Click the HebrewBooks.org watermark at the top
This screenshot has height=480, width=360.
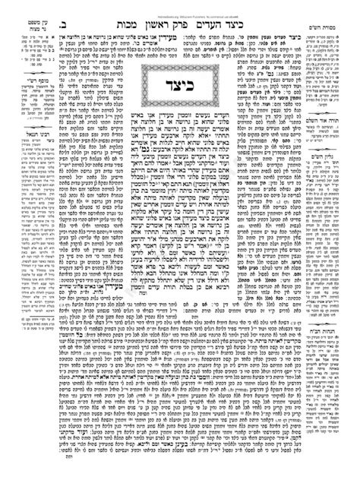[x=179, y=4]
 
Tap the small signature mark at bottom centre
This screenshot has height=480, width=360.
[x=180, y=469]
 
